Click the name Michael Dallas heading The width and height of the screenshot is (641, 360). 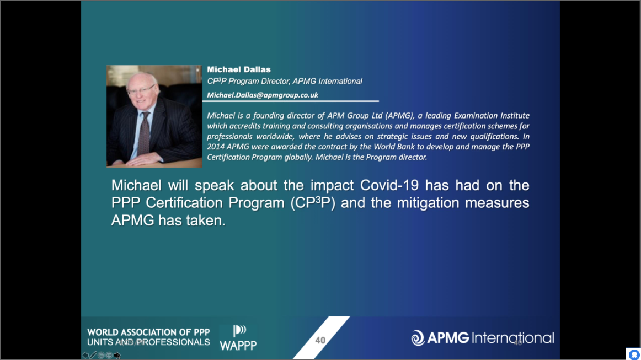(x=239, y=69)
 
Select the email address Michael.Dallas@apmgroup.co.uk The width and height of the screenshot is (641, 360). (x=263, y=95)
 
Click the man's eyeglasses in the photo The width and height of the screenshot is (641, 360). (x=141, y=90)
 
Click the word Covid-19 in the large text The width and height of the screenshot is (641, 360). (x=389, y=186)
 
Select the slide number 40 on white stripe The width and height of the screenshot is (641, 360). (x=320, y=340)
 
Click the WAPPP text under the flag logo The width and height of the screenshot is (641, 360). (x=238, y=346)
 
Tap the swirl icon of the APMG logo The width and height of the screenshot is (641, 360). (x=418, y=338)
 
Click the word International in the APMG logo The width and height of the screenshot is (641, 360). (x=513, y=338)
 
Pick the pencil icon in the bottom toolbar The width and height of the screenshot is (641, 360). (x=93, y=355)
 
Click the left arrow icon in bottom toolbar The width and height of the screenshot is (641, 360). (x=85, y=355)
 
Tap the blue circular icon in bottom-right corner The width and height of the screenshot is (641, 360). (x=634, y=354)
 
